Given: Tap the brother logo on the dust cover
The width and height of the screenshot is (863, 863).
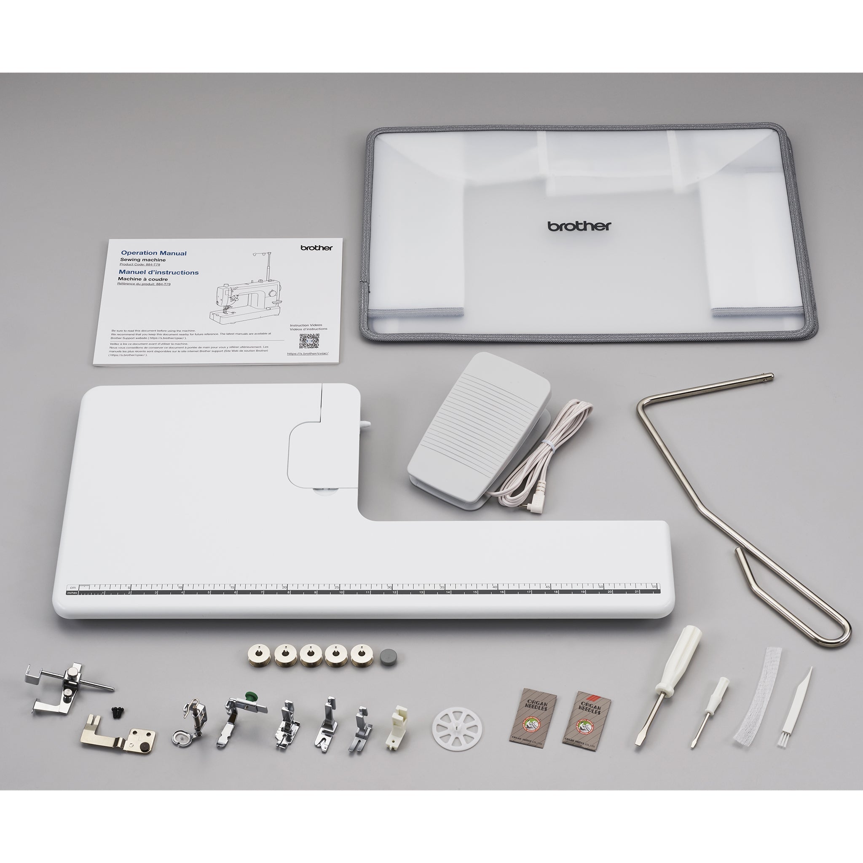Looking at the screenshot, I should click(x=579, y=226).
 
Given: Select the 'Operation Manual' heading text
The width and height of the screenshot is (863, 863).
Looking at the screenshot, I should click(x=154, y=253).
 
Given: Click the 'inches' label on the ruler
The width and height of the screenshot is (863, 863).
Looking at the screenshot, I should click(x=72, y=593).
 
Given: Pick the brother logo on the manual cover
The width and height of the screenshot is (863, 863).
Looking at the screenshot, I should click(x=316, y=247).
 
